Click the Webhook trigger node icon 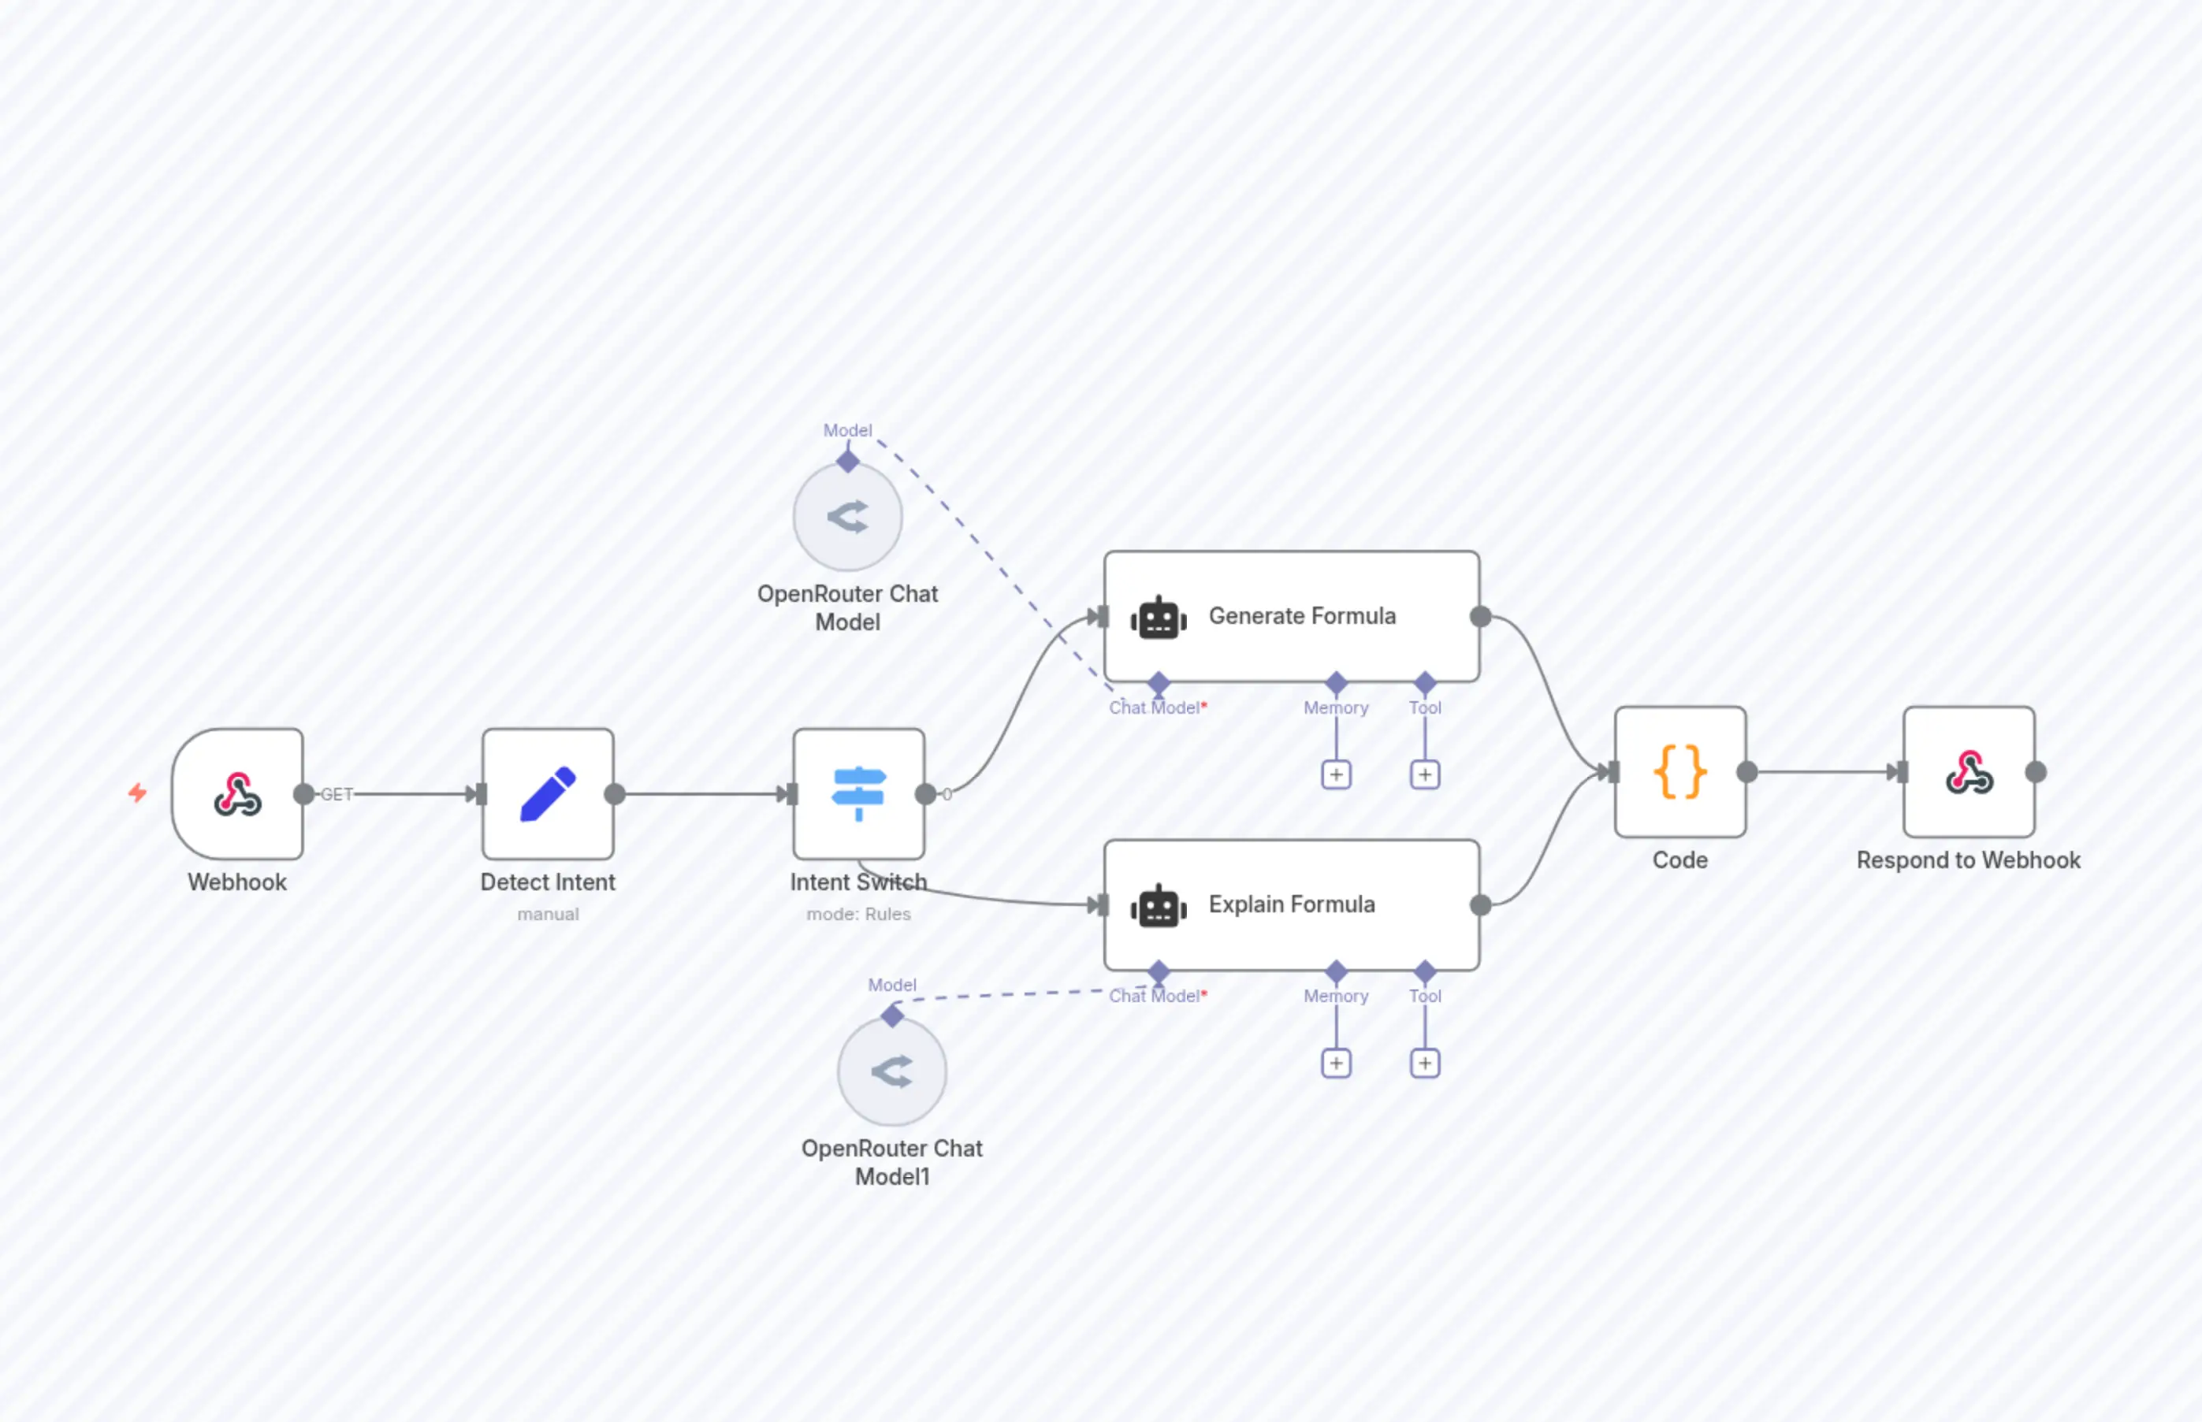point(237,794)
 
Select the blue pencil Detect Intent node point(548,794)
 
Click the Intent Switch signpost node point(858,794)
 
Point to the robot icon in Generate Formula point(1159,618)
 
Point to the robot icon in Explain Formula point(1159,906)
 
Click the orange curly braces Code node point(1679,772)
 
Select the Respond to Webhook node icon point(1968,772)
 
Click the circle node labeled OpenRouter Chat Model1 point(891,1072)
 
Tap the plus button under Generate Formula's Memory point(1336,774)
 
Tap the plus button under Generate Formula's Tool point(1424,774)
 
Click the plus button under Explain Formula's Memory point(1336,1063)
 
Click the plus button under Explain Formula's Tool point(1424,1063)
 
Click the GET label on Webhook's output point(337,794)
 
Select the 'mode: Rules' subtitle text point(858,914)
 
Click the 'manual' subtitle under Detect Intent point(548,914)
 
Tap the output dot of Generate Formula point(1480,616)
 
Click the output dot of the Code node point(1746,772)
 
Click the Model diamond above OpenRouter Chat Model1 point(891,1015)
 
